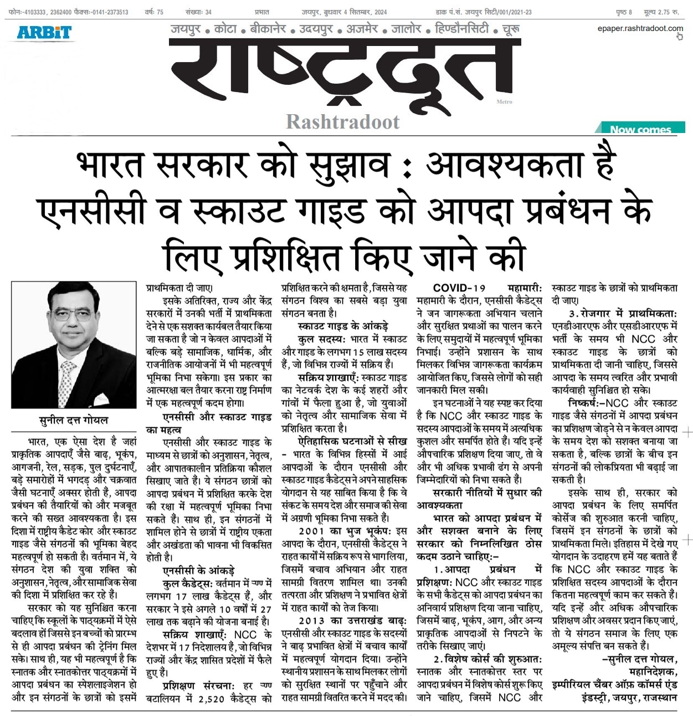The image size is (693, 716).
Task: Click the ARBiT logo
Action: click(x=44, y=32)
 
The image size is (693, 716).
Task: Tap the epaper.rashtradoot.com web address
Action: click(x=640, y=28)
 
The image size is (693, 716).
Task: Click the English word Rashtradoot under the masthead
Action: click(x=342, y=122)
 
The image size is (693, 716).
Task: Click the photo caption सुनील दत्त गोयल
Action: click(x=74, y=420)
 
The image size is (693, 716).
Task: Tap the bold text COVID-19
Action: click(x=459, y=288)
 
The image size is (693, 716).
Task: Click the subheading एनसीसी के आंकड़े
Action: click(x=198, y=570)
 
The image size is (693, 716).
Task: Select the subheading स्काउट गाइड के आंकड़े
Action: click(x=343, y=326)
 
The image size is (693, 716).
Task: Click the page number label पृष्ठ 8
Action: click(x=623, y=12)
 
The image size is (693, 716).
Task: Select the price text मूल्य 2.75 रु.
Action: click(x=661, y=12)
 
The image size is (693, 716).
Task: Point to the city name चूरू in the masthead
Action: click(x=511, y=28)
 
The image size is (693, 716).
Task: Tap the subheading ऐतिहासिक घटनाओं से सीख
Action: click(x=345, y=441)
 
